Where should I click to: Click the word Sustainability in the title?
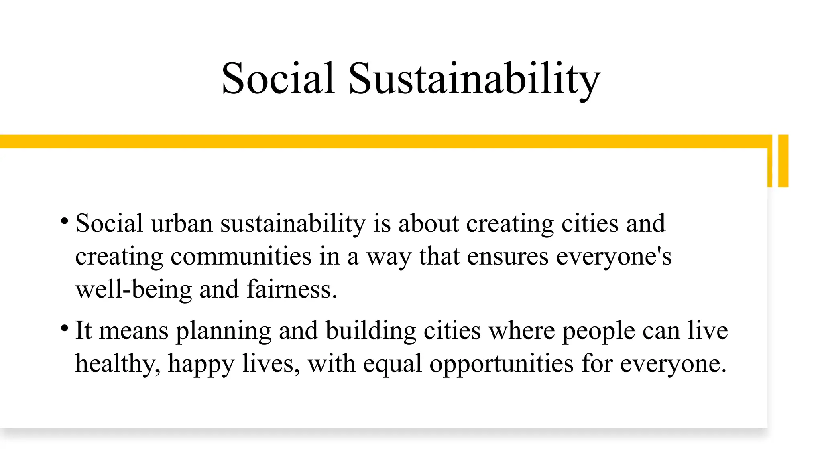[x=474, y=79]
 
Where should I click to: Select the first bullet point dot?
[x=64, y=221]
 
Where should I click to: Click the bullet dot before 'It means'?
[x=64, y=328]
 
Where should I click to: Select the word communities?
[x=241, y=257]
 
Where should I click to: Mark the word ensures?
[x=507, y=257]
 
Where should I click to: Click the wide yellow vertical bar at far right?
[x=783, y=161]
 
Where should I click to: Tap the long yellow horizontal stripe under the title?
[x=385, y=142]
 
